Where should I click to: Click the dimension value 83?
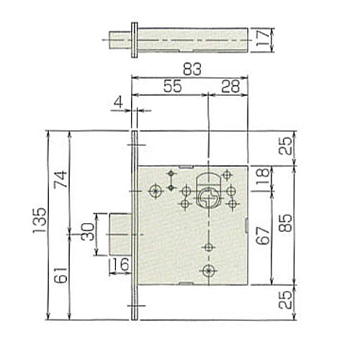coord(192,69)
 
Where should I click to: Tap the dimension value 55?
coord(173,86)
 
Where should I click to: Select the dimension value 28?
coord(230,86)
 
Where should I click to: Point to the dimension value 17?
coord(264,37)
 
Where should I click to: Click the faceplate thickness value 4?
coord(118,102)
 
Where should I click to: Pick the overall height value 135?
coord(40,220)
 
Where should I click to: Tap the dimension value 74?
coord(60,179)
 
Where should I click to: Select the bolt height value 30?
coord(87,232)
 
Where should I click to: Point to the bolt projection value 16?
coord(120,264)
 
